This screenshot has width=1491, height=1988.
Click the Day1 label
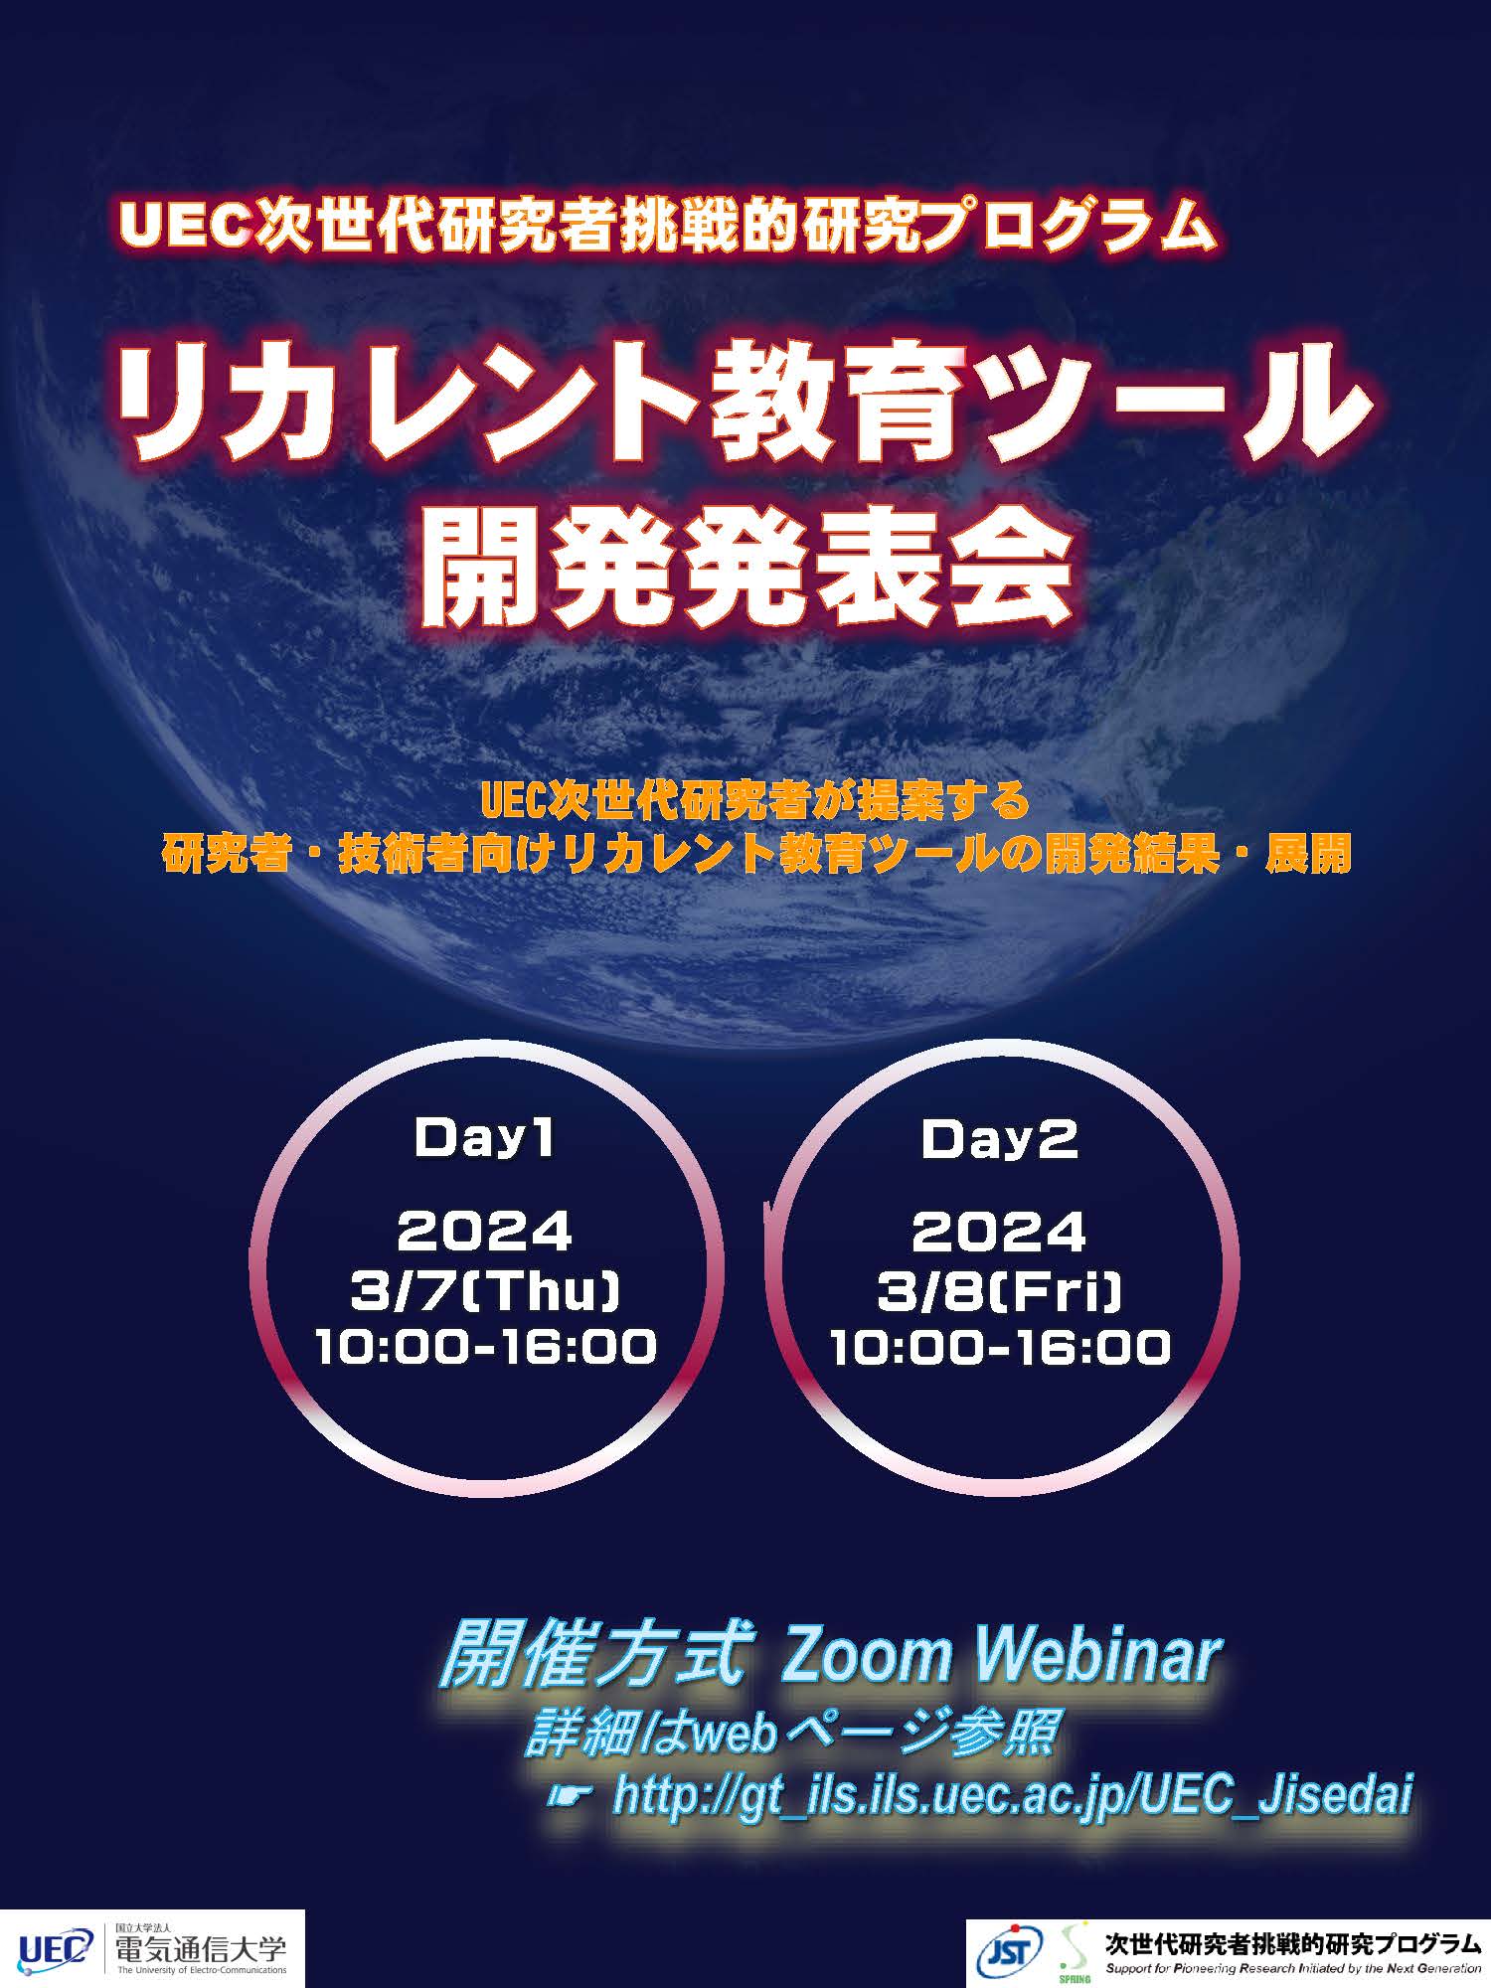484,1139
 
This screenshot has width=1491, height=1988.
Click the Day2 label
999,1139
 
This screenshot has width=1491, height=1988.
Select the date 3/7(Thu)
485,1291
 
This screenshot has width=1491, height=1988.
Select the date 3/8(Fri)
999,1291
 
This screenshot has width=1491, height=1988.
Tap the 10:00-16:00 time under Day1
486,1347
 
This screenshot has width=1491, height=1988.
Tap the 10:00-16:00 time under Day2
1000,1347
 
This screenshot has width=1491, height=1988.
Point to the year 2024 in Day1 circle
484,1233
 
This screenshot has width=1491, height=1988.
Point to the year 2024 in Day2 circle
999,1233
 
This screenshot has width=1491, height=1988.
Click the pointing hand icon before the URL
571,1795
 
